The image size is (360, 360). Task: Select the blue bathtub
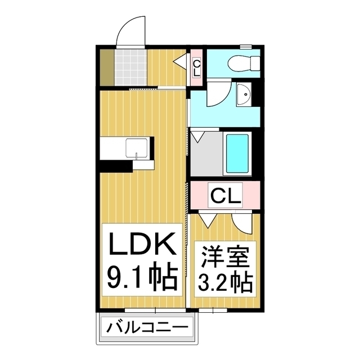[x=237, y=153]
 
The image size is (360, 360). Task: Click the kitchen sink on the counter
[x=137, y=147]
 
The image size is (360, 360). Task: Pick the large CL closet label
[x=226, y=195]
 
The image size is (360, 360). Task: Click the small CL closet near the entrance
[x=196, y=67]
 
